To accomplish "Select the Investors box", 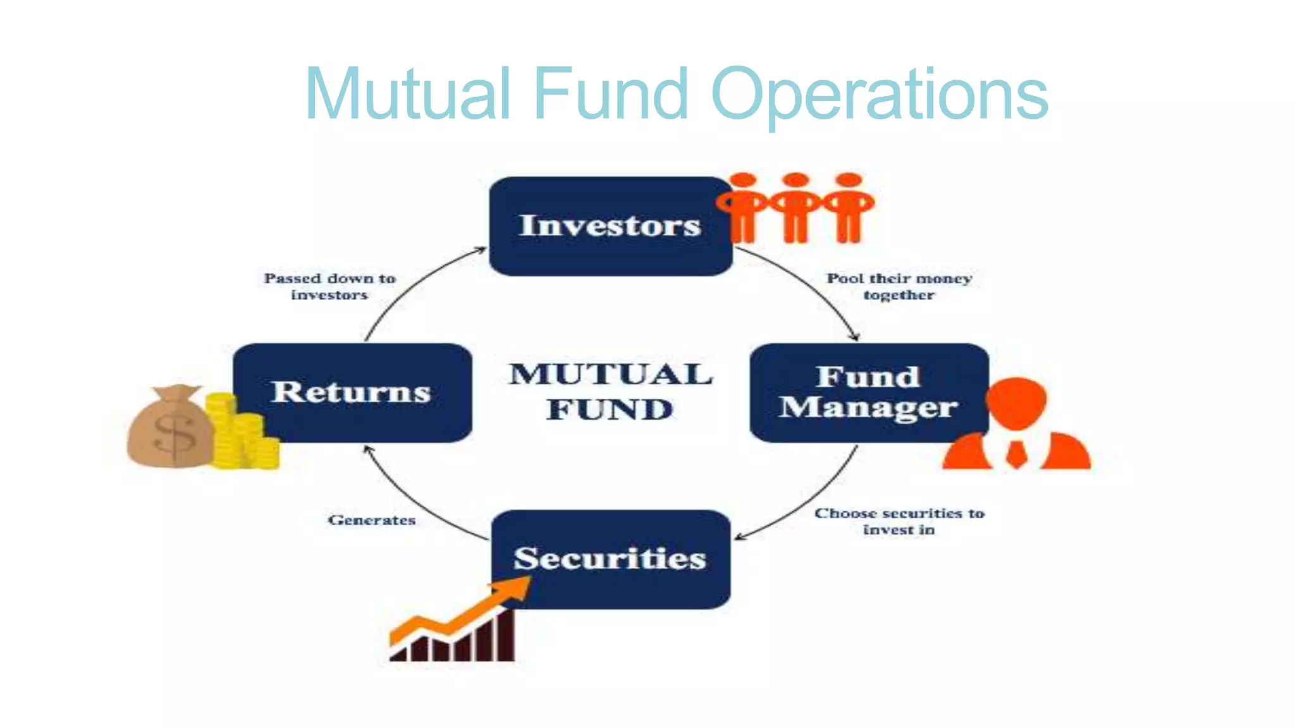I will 610,226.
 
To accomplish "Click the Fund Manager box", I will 868,392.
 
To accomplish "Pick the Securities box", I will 610,559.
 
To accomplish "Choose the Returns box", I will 352,392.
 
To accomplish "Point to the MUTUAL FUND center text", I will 610,392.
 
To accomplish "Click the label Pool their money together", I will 899,286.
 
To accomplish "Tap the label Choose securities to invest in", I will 899,521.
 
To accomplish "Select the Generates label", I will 372,520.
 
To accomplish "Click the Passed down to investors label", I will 329,286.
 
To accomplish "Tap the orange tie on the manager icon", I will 1016,453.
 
